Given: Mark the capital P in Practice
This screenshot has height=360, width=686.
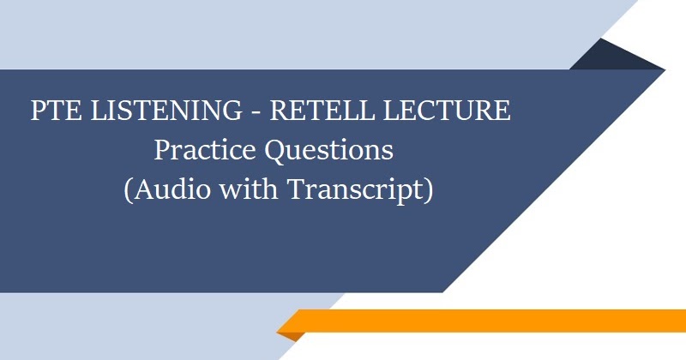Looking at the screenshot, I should click(x=163, y=150).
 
